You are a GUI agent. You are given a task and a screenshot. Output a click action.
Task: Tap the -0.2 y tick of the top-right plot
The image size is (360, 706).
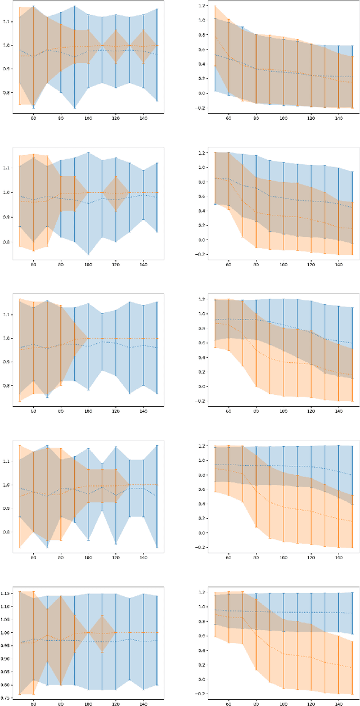pos(201,107)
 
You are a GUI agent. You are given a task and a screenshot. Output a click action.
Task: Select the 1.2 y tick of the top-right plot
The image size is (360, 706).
pos(202,6)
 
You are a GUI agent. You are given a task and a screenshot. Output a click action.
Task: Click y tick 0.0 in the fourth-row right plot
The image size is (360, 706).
pos(202,533)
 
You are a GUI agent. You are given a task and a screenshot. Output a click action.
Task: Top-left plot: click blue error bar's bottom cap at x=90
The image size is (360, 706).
pos(74,107)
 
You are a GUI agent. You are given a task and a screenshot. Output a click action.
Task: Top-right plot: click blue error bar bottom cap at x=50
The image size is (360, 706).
pos(215,91)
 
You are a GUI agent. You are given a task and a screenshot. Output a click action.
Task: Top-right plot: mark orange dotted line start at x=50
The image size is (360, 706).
pos(215,37)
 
